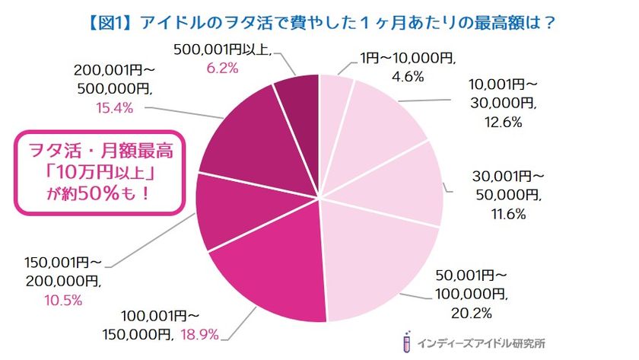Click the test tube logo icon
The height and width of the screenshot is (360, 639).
tap(410, 342)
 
